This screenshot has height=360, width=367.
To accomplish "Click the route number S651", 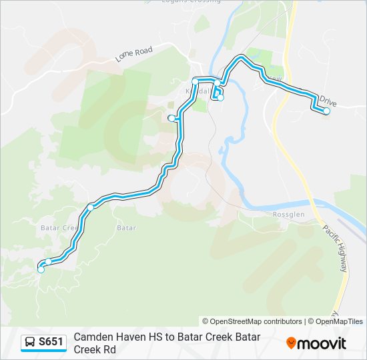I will tap(51, 342).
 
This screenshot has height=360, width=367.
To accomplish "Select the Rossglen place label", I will tap(288, 214).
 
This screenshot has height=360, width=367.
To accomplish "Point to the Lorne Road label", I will tap(134, 54).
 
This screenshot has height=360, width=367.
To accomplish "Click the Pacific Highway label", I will tap(336, 247).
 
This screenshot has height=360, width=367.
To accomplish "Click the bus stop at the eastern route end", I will tap(327, 111).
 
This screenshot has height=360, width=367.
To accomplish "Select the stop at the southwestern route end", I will tap(41, 269).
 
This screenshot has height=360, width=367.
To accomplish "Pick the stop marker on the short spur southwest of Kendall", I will tap(171, 118).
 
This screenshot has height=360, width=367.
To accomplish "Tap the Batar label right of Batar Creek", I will tap(126, 228).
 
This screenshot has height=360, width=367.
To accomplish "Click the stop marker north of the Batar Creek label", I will tap(91, 206).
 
